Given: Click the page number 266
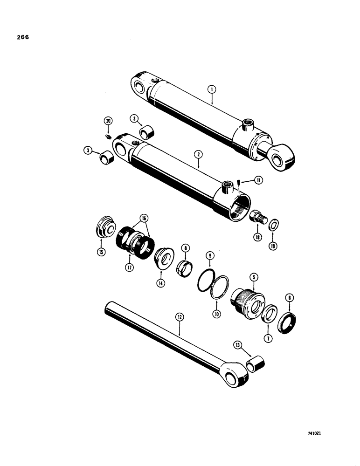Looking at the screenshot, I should point(22,37).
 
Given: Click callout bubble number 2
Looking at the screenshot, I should point(199,164).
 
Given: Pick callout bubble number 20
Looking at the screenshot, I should point(109,121).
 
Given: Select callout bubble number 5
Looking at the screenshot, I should point(254,276).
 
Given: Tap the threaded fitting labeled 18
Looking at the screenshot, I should point(258,217).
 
